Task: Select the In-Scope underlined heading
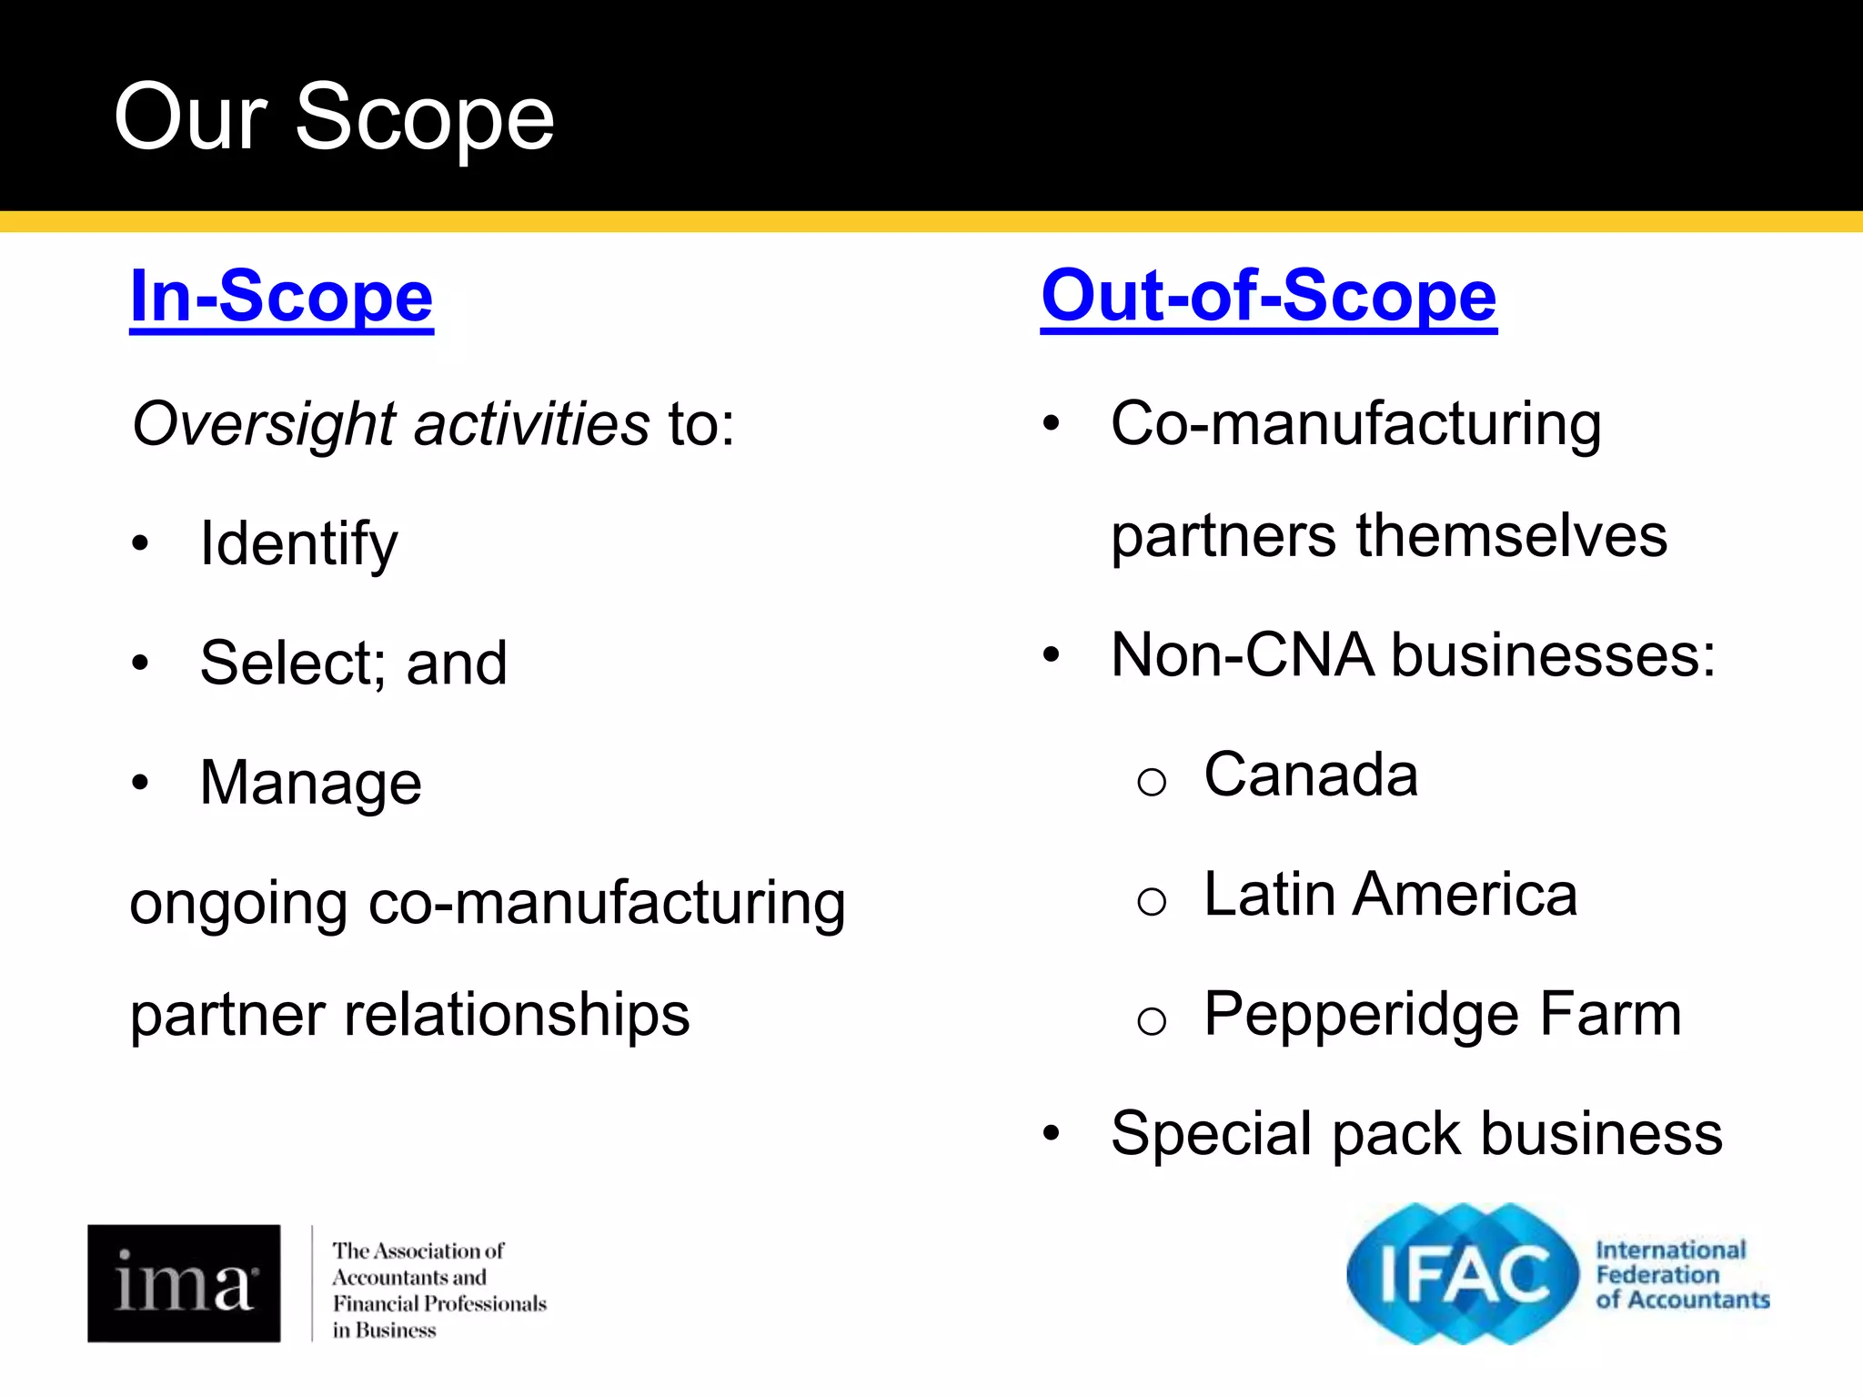tap(282, 296)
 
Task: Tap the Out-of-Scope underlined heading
tap(1269, 296)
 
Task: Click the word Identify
tap(298, 544)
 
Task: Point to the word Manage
tap(310, 783)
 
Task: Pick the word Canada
tap(1311, 775)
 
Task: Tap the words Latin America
tap(1390, 895)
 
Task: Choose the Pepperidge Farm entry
tap(1442, 1014)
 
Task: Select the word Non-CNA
tap(1242, 655)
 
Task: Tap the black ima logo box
tap(184, 1283)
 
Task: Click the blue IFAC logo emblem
tap(1462, 1273)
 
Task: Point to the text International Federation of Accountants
tap(1681, 1274)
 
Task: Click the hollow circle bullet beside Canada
tap(1151, 781)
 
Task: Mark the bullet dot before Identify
tap(139, 544)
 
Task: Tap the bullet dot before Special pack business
tap(1052, 1134)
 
